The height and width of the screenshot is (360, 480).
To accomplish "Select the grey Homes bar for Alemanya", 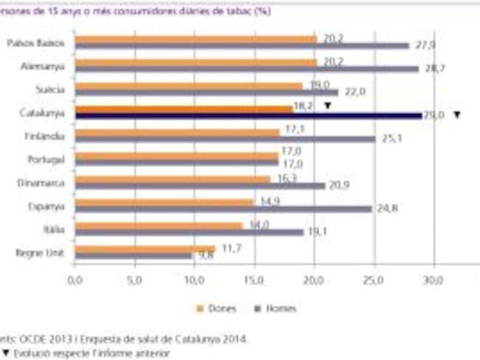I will pyautogui.click(x=247, y=68).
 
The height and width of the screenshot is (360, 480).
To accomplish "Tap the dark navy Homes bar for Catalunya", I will pyautogui.click(x=247, y=115).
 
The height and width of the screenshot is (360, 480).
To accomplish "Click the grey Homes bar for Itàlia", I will pyautogui.click(x=189, y=231).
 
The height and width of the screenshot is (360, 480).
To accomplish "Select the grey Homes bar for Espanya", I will pyautogui.click(x=223, y=208).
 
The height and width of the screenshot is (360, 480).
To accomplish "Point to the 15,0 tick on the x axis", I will pyautogui.click(x=253, y=281).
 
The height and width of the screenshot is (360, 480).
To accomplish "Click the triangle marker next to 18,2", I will pyautogui.click(x=327, y=106).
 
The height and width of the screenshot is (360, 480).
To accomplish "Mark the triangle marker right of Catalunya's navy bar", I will pyautogui.click(x=457, y=115).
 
